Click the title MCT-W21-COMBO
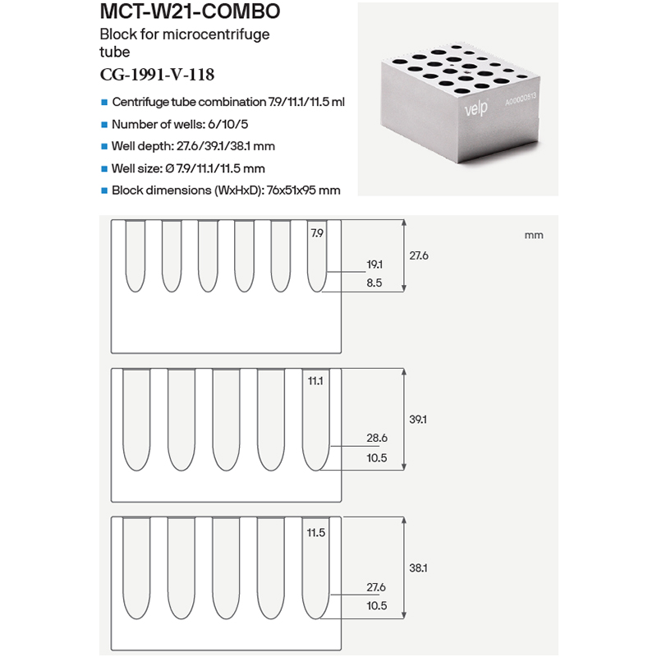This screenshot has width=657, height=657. pos(190,11)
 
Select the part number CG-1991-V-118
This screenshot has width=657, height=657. pos(157,75)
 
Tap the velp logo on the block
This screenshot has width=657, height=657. pos(476,108)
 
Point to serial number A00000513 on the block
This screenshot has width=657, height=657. pos(521,99)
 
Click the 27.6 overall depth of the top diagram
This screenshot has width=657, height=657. pos(419,255)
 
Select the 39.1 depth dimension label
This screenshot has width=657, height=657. pos(418,420)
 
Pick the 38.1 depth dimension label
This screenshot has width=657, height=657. pos(418,568)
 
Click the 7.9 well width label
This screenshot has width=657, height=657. pos(317,233)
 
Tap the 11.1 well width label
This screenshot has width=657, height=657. pos(315,381)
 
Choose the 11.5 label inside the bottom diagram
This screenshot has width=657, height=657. pos(316,532)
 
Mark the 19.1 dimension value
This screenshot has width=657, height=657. pos(374,264)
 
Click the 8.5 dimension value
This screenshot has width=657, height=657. pos(374,283)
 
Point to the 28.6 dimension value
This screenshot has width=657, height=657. pos(377,438)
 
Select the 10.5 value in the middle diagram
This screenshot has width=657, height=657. pos(377,458)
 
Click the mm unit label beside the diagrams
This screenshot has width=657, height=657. pos(534,236)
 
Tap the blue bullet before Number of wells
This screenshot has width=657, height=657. pos(104,125)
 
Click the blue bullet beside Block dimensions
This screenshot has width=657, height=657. pos(104,191)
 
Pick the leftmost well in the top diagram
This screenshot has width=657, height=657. pos(136,256)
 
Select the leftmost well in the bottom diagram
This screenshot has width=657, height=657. pos(136,568)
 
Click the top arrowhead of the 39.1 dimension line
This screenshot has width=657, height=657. pos(404,372)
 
